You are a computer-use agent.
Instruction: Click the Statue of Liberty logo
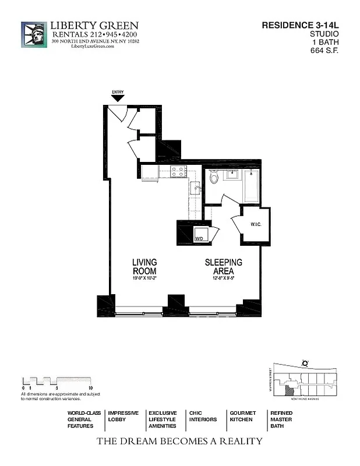(33, 35)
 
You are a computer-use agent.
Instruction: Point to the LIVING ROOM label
(144, 267)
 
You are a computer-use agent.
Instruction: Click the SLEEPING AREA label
(223, 267)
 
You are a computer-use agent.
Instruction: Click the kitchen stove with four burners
(178, 171)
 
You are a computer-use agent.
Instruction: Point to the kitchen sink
(196, 188)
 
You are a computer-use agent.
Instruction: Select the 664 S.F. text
(324, 50)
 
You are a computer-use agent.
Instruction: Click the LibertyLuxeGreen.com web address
(93, 47)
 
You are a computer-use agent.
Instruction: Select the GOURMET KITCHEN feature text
(242, 416)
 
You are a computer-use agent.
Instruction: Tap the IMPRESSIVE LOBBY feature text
(123, 416)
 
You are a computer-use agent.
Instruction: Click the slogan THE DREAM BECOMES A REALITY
(179, 441)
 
